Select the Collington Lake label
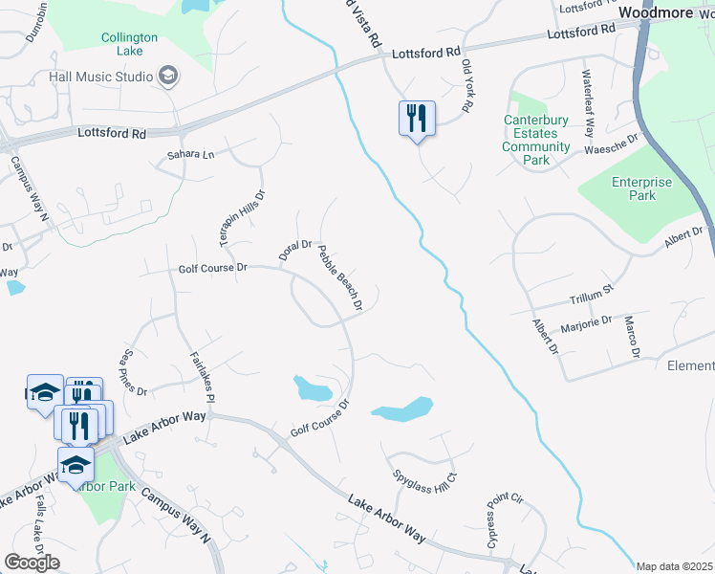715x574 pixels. [129, 44]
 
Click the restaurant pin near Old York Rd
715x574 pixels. [417, 119]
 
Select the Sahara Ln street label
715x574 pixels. [185, 153]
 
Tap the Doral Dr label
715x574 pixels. [295, 251]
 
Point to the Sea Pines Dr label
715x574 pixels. [133, 373]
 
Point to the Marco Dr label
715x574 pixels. [631, 339]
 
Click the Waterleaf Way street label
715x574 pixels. [589, 101]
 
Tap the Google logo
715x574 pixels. [32, 563]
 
